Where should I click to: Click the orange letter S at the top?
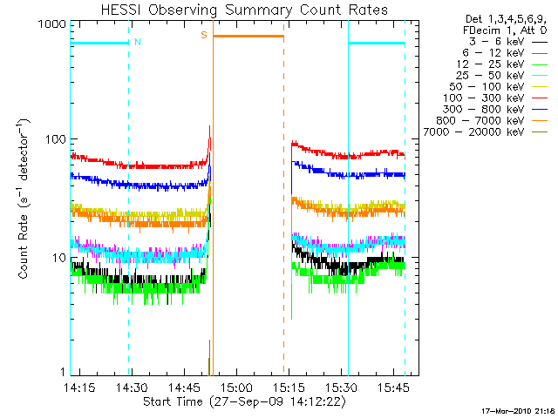204,35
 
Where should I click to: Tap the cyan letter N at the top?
137,42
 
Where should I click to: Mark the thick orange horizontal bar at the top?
248,36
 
